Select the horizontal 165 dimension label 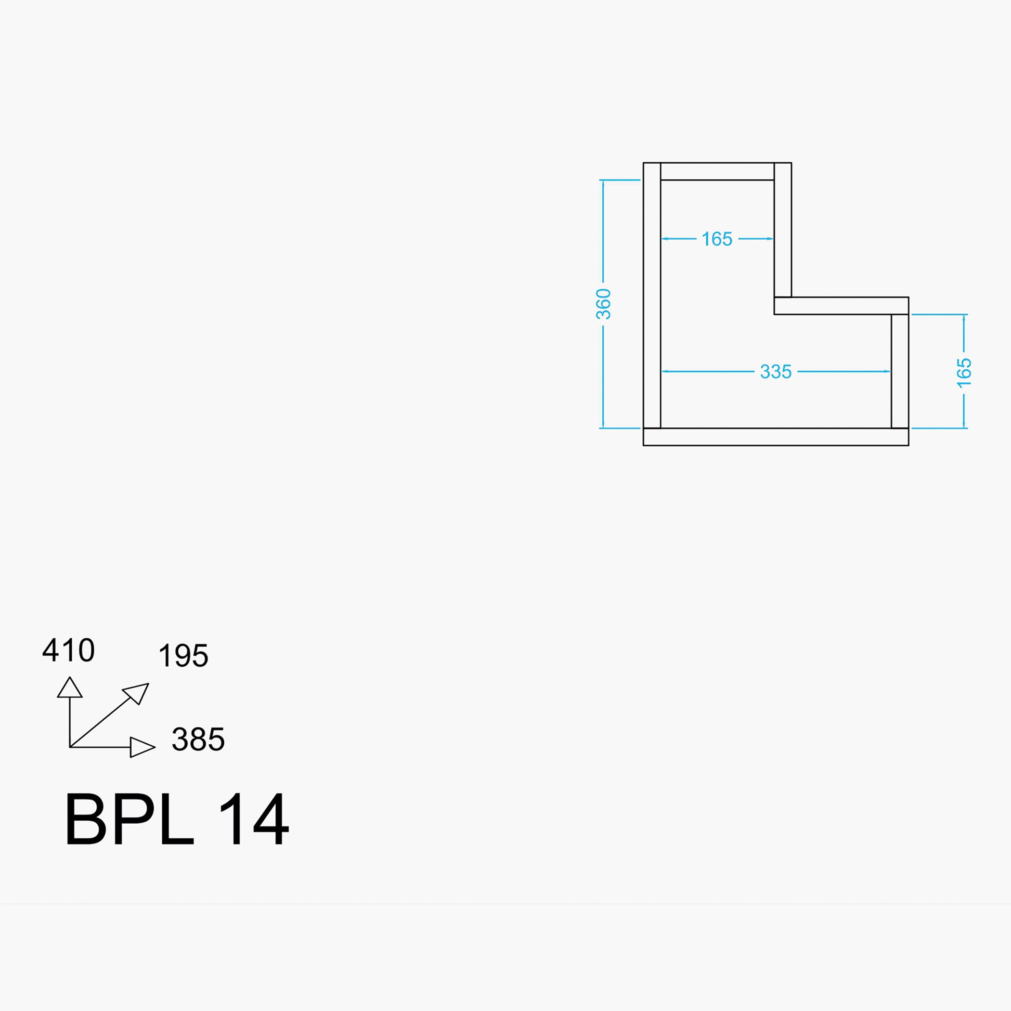point(716,239)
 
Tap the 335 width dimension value point(776,372)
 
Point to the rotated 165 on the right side point(964,373)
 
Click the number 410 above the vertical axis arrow point(68,650)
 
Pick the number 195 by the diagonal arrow point(183,655)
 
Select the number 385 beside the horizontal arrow point(198,739)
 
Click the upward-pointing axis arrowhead point(70,687)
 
